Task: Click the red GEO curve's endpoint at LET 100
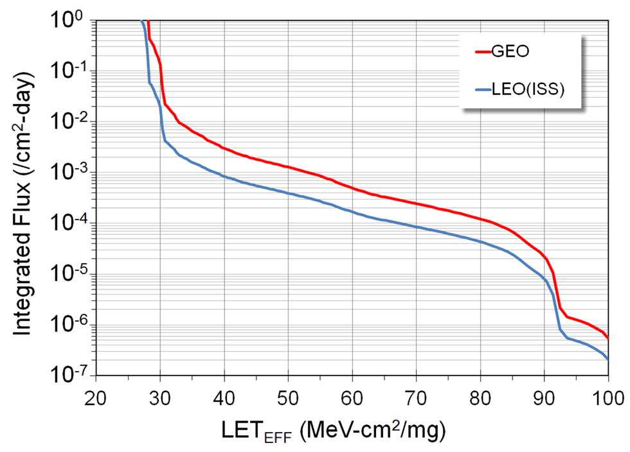click(608, 338)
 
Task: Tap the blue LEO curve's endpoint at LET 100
click(608, 359)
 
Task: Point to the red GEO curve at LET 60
click(352, 187)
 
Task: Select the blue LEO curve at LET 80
click(480, 241)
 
